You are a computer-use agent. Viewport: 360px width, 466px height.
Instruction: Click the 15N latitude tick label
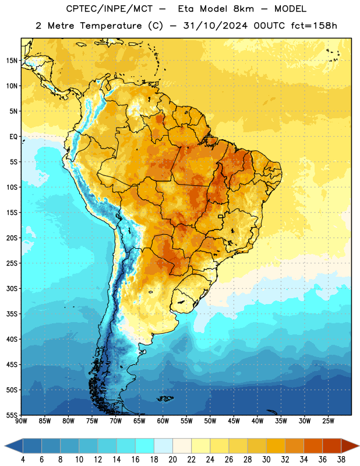point(12,61)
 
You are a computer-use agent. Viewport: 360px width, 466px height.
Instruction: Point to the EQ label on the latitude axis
point(13,137)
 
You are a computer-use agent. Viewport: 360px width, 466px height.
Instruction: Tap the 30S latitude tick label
point(12,288)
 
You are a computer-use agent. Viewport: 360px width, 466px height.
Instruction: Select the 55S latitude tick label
point(12,415)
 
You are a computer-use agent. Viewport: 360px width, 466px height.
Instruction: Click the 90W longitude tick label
point(22,421)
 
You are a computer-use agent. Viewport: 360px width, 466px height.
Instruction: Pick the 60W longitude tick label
point(163,421)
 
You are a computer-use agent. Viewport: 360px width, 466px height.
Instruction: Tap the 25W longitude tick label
point(328,421)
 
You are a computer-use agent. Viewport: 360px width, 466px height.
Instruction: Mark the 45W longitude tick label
point(234,421)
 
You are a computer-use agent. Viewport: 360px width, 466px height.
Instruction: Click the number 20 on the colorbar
point(172,460)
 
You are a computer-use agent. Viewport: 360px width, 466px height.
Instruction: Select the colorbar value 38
point(341,460)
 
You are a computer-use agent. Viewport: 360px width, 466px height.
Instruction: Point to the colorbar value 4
point(23,460)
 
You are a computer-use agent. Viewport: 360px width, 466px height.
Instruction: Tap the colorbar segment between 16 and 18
point(145,446)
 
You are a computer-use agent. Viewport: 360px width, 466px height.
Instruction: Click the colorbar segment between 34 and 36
point(313,446)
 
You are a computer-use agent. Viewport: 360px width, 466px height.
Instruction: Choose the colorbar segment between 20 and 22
point(182,446)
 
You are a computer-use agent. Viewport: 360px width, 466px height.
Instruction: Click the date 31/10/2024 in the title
point(215,26)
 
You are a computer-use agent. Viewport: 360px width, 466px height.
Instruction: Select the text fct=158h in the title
point(314,26)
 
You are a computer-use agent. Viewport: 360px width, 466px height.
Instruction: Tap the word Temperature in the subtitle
point(111,26)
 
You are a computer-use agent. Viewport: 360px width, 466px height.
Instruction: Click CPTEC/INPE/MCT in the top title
point(109,9)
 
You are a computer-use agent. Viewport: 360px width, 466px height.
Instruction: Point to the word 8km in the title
point(243,9)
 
